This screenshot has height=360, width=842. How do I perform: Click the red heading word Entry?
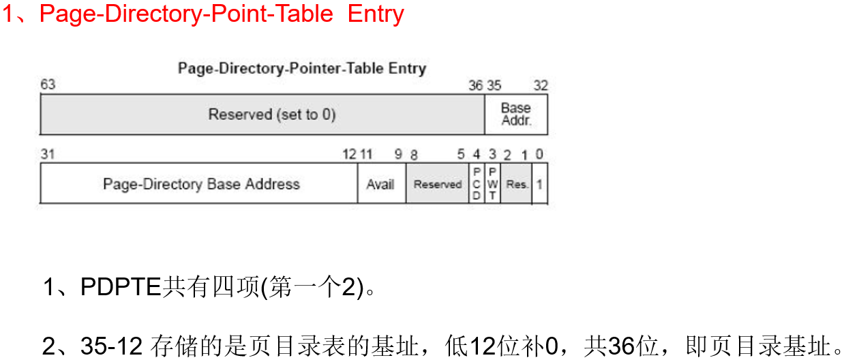pyautogui.click(x=376, y=14)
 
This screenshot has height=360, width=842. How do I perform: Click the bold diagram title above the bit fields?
pyautogui.click(x=301, y=68)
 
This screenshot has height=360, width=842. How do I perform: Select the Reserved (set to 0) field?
pyautogui.click(x=262, y=115)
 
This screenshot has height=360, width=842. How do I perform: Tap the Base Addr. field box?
pyautogui.click(x=515, y=115)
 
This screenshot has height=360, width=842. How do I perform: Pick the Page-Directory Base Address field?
pyautogui.click(x=200, y=184)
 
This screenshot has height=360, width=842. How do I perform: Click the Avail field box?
pyautogui.click(x=380, y=184)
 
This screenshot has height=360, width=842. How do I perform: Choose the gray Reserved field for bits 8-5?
pyautogui.click(x=438, y=184)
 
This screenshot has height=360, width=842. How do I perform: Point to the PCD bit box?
pyautogui.click(x=477, y=184)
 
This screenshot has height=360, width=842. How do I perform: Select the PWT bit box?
pyautogui.click(x=492, y=184)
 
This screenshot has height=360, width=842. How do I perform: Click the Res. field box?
pyautogui.click(x=517, y=184)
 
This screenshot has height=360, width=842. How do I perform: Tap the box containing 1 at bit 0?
pyautogui.click(x=539, y=184)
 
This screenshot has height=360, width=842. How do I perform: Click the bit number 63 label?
pyautogui.click(x=48, y=85)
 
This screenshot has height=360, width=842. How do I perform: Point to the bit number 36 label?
pyautogui.click(x=476, y=86)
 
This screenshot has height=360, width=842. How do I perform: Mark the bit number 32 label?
pyautogui.click(x=541, y=86)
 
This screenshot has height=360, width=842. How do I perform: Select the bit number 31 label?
pyautogui.click(x=48, y=155)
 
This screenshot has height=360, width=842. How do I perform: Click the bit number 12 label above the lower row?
pyautogui.click(x=349, y=155)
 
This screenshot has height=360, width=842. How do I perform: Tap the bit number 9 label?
pyautogui.click(x=398, y=155)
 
